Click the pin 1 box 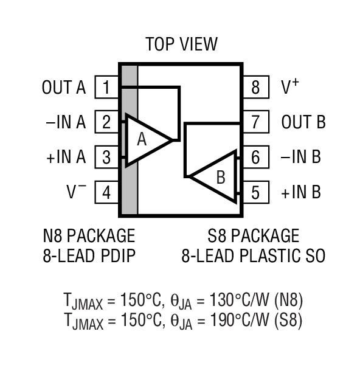[x=106, y=88]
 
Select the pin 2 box [x=106, y=122]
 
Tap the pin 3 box [x=106, y=158]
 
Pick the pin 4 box [x=106, y=193]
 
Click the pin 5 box [x=255, y=193]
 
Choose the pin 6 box [x=255, y=158]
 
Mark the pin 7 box [x=255, y=122]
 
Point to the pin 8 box [x=255, y=88]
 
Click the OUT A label [x=64, y=88]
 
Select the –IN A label [x=66, y=122]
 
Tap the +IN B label [x=300, y=193]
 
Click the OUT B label [x=303, y=122]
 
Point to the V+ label [x=289, y=87]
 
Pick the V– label [x=77, y=192]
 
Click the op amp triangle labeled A [x=146, y=140]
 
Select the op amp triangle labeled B [x=216, y=176]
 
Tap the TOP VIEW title [x=181, y=44]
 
